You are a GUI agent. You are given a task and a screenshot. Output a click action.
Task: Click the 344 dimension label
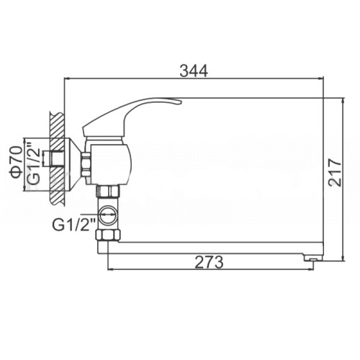[194, 71]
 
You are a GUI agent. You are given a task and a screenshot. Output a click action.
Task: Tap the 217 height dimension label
[335, 171]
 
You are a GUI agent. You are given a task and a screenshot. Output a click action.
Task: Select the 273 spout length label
[209, 262]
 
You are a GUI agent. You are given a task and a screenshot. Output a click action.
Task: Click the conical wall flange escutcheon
[73, 164]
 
